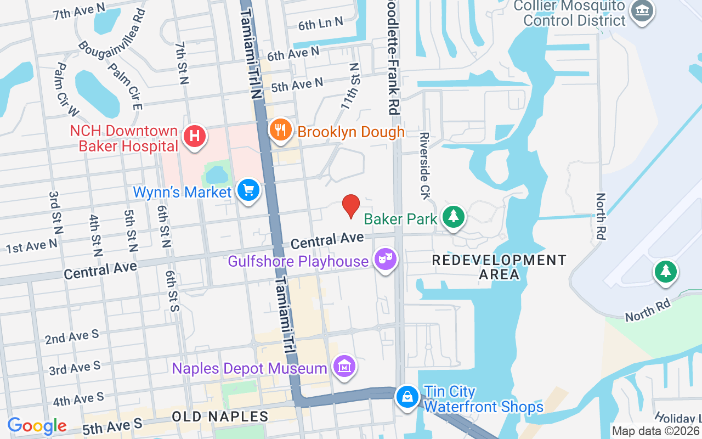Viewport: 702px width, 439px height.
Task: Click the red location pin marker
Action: coord(351,206)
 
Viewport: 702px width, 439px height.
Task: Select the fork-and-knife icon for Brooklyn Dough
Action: coord(281,130)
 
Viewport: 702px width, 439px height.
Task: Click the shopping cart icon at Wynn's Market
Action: coord(248,190)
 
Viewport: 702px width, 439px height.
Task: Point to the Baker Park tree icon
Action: coord(454,217)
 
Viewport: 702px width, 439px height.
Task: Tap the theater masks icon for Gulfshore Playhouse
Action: coord(385,259)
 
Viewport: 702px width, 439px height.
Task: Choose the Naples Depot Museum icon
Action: coord(344,366)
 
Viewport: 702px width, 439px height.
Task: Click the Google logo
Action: coord(37,426)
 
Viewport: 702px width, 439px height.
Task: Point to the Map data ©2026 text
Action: coord(656,431)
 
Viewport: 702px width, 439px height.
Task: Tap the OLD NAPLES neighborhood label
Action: coord(220,417)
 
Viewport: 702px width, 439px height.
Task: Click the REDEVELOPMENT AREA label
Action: coord(499,267)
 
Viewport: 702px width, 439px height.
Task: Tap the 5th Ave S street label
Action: coord(112,425)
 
